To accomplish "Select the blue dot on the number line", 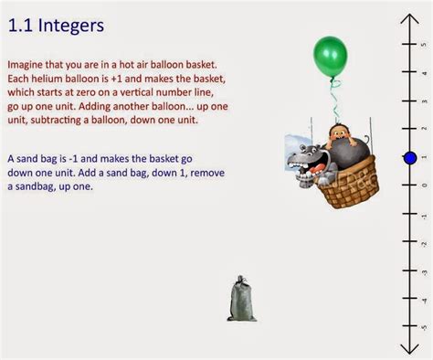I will pyautogui.click(x=409, y=158).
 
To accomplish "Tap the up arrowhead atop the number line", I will pyautogui.click(x=409, y=18).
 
